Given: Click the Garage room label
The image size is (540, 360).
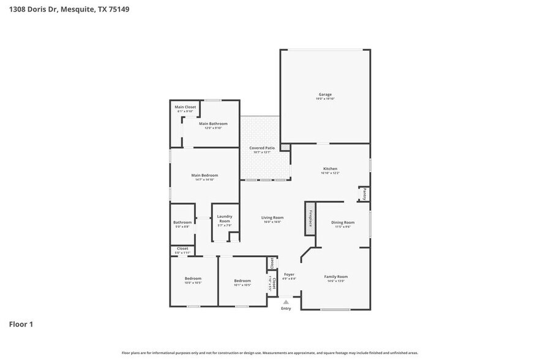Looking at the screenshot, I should (x=324, y=94).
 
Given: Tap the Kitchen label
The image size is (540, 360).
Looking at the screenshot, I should (x=330, y=168).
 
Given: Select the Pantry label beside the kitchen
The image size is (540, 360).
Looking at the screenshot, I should (x=363, y=194).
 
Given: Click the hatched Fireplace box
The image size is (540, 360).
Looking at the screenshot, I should (x=310, y=219).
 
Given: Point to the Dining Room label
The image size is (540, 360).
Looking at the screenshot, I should (x=342, y=222).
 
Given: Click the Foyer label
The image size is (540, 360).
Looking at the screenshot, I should (x=288, y=274).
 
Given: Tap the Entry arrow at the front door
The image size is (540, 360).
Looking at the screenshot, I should (x=286, y=301).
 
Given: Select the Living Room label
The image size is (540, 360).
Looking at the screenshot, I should (x=272, y=217).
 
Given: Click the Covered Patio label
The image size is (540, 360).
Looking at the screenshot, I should (x=261, y=148).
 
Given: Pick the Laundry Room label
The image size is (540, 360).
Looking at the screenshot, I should (x=224, y=218).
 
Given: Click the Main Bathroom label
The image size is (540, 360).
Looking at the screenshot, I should (x=212, y=124).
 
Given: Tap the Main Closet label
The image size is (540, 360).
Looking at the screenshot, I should (x=185, y=107).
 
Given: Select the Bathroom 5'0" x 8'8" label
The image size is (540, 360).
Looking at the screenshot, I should (x=182, y=222).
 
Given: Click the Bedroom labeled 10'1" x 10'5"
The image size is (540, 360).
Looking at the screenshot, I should (x=242, y=281).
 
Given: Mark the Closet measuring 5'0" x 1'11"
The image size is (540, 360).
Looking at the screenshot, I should (x=182, y=249).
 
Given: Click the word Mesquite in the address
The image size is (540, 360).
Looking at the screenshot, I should (x=78, y=10).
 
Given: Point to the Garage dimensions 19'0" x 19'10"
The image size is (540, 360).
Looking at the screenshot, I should (x=324, y=99).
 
